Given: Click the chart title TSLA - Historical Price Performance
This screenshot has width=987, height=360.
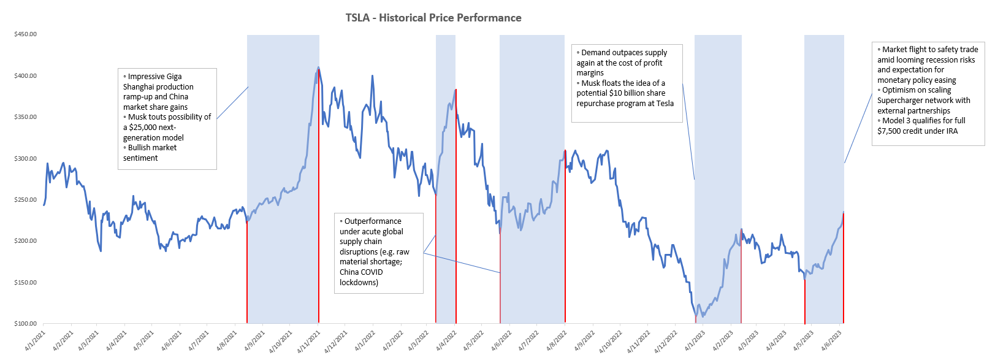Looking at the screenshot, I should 433,18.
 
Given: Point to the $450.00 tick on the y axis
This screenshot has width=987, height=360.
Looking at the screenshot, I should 25,34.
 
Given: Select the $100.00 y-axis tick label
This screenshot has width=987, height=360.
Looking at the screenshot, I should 25,323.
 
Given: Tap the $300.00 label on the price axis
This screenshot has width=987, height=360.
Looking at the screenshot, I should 25,158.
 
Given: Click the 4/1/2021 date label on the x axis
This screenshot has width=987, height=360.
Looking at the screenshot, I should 35,341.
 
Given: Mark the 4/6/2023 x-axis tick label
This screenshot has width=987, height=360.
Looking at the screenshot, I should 832,341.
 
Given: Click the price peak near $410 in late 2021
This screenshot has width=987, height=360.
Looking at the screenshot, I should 318,67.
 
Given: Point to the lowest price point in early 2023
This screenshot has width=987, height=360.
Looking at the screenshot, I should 696,316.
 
